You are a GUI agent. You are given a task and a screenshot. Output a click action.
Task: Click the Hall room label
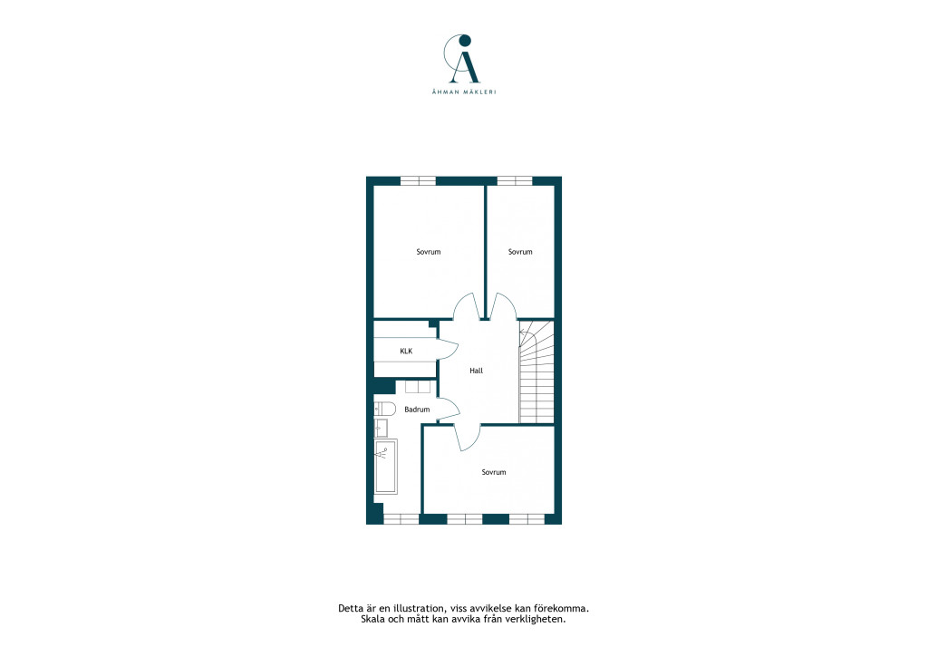477,371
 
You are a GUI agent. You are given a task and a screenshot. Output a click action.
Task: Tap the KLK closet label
406,352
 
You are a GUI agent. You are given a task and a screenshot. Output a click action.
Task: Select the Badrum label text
417,410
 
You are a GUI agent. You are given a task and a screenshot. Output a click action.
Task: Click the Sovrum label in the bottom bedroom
494,472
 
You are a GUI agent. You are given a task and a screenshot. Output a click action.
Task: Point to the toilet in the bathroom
384,409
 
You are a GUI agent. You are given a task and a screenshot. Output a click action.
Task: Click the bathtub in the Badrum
386,466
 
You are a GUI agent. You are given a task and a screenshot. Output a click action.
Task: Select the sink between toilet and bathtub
381,428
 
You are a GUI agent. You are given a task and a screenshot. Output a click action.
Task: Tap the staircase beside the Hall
536,371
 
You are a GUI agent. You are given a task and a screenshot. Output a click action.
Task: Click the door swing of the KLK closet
448,350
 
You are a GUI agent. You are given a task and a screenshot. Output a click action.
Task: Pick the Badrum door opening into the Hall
449,409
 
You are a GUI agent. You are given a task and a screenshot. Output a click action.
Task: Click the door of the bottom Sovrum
468,438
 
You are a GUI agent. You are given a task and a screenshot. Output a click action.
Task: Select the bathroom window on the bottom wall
401,519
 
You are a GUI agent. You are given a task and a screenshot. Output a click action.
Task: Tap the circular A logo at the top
464,59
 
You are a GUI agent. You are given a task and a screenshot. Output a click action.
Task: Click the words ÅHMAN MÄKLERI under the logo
464,92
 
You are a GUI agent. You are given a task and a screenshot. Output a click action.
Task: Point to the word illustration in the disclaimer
422,608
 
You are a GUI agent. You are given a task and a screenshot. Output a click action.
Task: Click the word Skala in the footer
372,620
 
